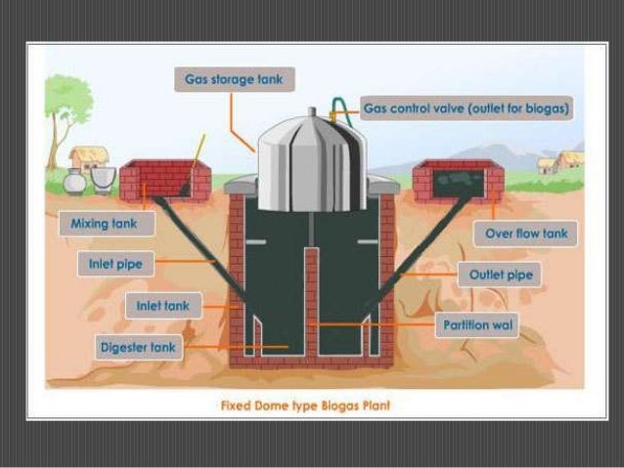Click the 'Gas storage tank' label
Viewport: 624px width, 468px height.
234,78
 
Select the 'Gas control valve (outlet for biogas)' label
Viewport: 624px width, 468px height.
467,107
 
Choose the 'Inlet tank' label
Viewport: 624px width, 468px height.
163,306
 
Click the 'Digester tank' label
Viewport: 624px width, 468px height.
140,346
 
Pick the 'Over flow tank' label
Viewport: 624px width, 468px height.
525,234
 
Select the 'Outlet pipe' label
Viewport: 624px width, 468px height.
501,276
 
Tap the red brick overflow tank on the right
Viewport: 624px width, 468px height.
459,181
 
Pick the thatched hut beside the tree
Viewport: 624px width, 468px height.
89,158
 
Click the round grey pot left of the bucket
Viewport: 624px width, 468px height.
74,181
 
